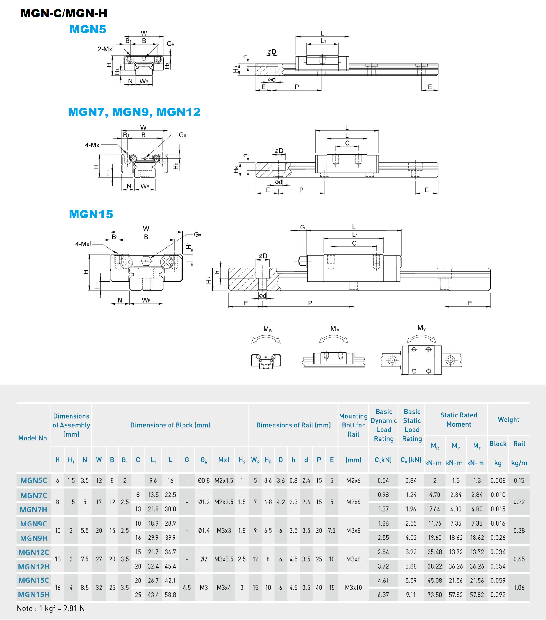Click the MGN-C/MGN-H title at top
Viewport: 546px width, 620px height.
tap(64, 13)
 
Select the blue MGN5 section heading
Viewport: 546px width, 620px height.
tap(88, 29)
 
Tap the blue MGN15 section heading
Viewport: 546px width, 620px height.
tap(91, 214)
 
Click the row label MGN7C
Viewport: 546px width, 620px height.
tap(33, 495)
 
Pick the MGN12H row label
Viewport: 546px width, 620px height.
tap(33, 567)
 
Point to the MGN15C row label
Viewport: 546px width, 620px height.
tap(33, 580)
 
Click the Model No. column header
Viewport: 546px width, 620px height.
tap(33, 438)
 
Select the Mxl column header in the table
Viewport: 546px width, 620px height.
tap(224, 460)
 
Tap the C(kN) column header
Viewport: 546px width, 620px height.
tap(383, 460)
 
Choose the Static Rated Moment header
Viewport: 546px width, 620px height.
tap(459, 420)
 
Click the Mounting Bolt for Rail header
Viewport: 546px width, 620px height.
tap(354, 425)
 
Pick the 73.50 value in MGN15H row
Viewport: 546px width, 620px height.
tap(435, 595)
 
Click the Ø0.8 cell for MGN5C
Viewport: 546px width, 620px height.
tap(204, 480)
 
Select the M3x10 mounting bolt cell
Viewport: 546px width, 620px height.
tap(354, 588)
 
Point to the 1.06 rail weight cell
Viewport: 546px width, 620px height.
tap(519, 588)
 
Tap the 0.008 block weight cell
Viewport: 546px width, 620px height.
tap(498, 480)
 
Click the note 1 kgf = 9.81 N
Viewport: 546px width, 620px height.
tap(51, 608)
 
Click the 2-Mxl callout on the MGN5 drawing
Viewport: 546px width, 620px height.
tap(105, 49)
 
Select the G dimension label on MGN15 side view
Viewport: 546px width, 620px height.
tap(302, 227)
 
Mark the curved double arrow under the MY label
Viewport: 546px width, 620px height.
tap(421, 338)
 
